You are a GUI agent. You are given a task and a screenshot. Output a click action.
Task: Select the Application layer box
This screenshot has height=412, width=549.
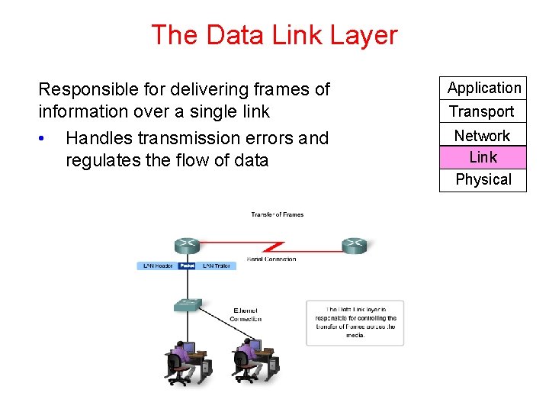tap(483, 88)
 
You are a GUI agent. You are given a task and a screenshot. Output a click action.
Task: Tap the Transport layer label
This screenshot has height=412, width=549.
tap(482, 111)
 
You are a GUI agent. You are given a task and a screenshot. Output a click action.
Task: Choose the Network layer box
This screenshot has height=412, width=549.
tap(483, 135)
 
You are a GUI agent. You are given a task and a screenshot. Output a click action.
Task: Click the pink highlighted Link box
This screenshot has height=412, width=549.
tap(483, 157)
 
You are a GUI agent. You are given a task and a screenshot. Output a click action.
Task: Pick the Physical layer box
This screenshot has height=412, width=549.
tap(483, 179)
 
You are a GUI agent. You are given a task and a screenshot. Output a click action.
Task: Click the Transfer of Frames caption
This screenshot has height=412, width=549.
tap(278, 214)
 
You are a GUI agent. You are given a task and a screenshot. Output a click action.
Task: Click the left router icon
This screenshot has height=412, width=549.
tap(188, 246)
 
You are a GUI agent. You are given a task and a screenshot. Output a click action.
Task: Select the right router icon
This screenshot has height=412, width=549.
tap(354, 246)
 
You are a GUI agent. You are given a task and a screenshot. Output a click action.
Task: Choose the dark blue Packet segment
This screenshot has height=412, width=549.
tap(187, 266)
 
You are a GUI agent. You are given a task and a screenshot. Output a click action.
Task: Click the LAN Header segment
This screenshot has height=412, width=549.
tap(158, 266)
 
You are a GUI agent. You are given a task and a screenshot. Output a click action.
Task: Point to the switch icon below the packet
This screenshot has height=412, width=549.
tap(188, 304)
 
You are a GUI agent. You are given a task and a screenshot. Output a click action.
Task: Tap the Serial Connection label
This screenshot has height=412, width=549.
tap(271, 259)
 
